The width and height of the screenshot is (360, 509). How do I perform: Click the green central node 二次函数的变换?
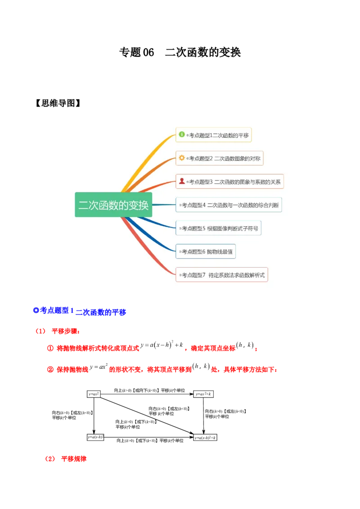pyautogui.click(x=113, y=205)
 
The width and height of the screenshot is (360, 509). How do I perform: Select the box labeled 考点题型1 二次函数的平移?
pyautogui.click(x=213, y=135)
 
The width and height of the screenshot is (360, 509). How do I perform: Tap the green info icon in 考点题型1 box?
pyautogui.click(x=182, y=134)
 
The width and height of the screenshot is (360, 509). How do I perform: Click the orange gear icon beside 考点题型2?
pyautogui.click(x=182, y=158)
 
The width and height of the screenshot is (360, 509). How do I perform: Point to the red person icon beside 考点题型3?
pyautogui.click(x=182, y=181)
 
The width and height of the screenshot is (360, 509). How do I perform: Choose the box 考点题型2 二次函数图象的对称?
pyautogui.click(x=219, y=158)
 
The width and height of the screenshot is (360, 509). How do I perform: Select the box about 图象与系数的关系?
pyautogui.click(x=229, y=182)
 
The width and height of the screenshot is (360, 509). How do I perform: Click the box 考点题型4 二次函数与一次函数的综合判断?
pyautogui.click(x=229, y=205)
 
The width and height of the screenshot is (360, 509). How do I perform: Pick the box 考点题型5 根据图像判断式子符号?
pyautogui.click(x=218, y=228)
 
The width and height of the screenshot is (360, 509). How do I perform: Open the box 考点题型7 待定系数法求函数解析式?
pyautogui.click(x=222, y=275)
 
